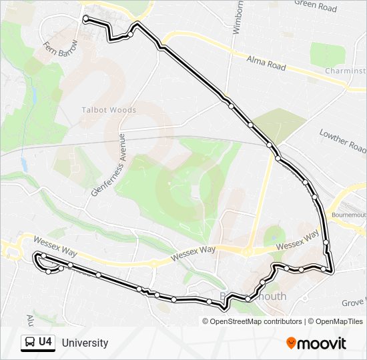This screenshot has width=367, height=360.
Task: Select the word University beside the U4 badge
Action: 85,343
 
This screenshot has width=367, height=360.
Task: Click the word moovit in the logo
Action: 322,343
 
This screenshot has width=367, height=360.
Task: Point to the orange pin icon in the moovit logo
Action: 292,343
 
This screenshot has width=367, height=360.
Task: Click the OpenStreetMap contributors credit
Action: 256,321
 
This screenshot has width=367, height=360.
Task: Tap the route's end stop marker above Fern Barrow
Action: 86,18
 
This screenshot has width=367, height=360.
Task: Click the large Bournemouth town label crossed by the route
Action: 253,296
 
